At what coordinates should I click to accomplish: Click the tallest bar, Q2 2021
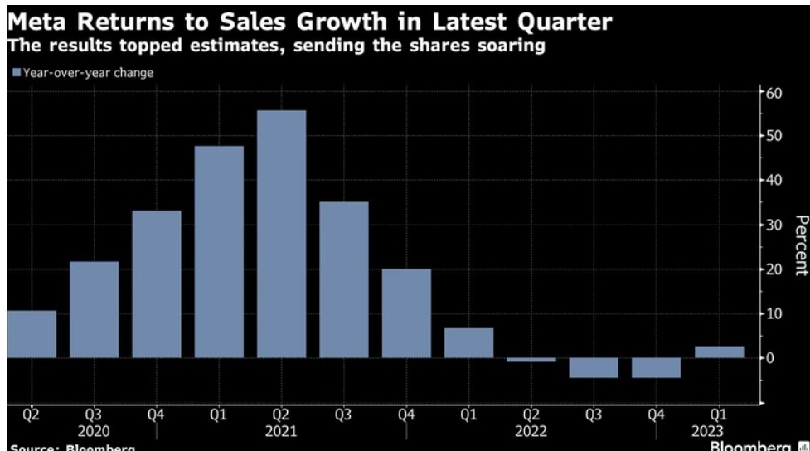[x=281, y=234]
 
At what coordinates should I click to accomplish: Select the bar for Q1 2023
[x=718, y=352]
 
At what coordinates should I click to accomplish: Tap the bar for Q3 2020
[x=94, y=309]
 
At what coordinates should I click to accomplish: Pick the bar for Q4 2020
[x=156, y=284]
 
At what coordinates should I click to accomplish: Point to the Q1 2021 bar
[x=219, y=251]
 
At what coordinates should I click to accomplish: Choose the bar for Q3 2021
[x=344, y=279]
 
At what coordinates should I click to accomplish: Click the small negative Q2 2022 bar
[x=531, y=360]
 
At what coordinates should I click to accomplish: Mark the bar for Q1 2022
[x=468, y=342]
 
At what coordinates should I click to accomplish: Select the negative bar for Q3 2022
[x=594, y=367]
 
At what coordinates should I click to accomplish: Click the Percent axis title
[x=800, y=245]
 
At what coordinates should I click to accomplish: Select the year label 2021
[x=282, y=431]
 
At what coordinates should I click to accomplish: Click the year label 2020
[x=95, y=431]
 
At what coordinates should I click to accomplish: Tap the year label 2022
[x=531, y=431]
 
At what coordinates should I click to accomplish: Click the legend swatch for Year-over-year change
[x=16, y=73]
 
